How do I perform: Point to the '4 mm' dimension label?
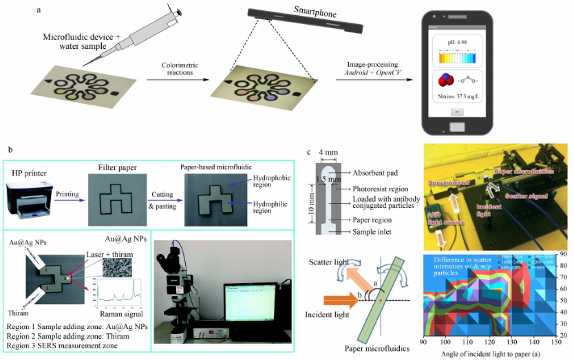328,153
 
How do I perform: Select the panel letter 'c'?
309,151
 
